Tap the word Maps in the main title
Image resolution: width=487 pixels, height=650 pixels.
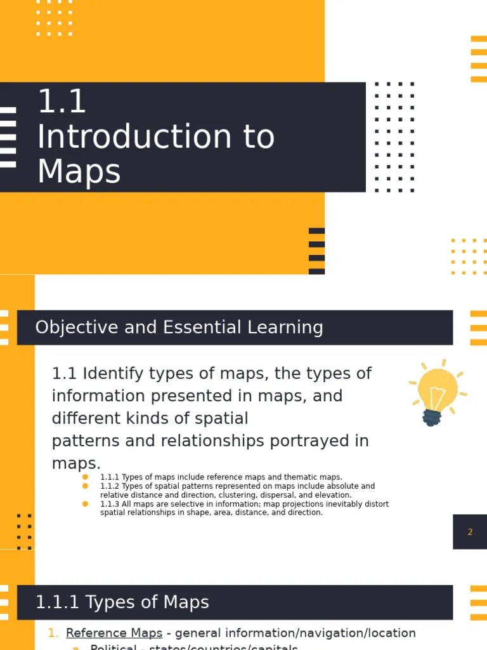tap(79, 171)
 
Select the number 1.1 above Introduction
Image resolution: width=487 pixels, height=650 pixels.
tap(62, 102)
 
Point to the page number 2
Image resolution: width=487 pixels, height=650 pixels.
tap(470, 532)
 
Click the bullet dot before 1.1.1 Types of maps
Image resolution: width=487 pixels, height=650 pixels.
tap(86, 477)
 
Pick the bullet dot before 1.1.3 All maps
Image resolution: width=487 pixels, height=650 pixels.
tap(86, 504)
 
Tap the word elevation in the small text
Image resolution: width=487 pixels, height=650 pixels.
tap(332, 495)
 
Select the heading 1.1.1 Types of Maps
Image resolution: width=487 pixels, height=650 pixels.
tap(122, 602)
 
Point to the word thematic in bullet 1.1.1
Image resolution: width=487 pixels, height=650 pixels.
tap(292, 477)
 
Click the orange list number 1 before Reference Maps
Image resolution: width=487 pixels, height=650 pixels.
tap(53, 633)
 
